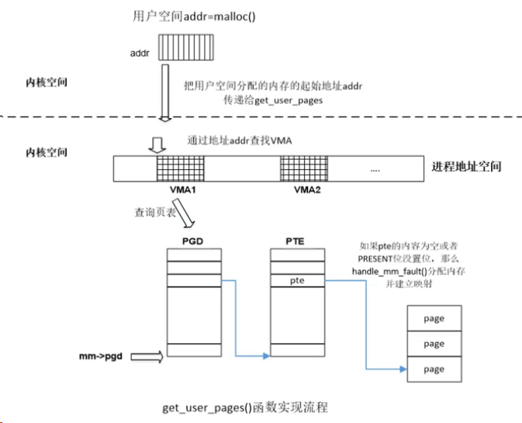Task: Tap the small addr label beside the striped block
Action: click(x=139, y=54)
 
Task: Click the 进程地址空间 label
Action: click(x=466, y=168)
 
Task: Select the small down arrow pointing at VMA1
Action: click(x=156, y=144)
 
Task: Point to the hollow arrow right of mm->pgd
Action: click(x=146, y=357)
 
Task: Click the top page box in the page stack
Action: click(x=434, y=317)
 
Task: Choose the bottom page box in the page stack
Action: click(x=434, y=369)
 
